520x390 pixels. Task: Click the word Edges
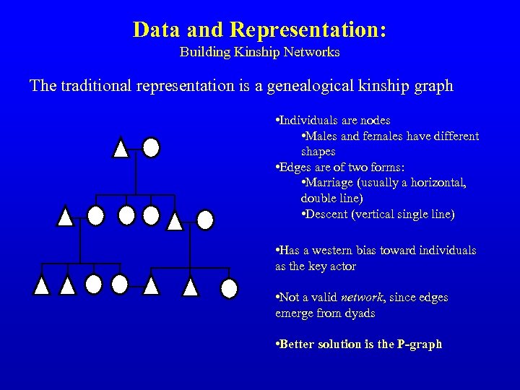coord(297,168)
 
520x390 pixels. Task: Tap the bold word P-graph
coord(420,344)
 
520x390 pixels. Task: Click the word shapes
coord(318,152)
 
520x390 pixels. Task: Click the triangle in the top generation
coord(121,148)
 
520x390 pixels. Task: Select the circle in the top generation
coord(151,147)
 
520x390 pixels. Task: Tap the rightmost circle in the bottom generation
coord(229,288)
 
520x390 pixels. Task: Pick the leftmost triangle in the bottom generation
coord(43,286)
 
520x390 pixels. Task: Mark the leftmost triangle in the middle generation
coord(66,215)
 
